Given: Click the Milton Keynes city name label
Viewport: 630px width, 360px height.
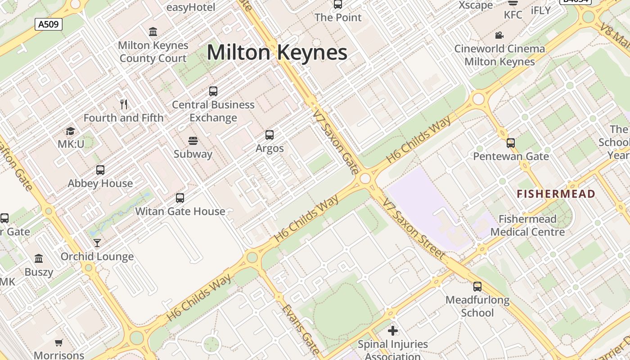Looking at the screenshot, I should [x=277, y=53].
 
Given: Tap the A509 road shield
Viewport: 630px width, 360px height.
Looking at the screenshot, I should [x=48, y=24].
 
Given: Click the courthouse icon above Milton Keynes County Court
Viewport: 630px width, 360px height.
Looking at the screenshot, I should [x=153, y=32].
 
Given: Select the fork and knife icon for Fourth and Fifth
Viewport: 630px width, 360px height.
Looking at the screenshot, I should [x=124, y=104].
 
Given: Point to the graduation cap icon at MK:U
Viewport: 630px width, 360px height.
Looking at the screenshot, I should [x=71, y=131].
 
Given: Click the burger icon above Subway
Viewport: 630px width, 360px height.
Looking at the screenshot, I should [x=193, y=141].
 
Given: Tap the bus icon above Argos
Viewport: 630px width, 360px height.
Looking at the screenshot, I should [x=270, y=135].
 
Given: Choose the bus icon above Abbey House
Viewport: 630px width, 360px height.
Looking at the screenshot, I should [x=100, y=170].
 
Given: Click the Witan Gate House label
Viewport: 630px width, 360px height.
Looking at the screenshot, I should [x=180, y=211].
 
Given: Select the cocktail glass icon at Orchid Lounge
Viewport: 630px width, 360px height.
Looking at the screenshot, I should [x=97, y=243].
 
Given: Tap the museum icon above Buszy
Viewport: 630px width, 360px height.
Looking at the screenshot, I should [x=39, y=259].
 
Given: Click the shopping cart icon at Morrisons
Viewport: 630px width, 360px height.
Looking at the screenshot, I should [x=59, y=343].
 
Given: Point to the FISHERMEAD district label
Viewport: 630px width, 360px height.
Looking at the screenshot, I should [x=556, y=194].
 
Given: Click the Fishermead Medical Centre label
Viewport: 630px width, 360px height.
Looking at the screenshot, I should [x=527, y=225].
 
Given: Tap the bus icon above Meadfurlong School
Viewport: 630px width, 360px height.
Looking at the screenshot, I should [x=477, y=287].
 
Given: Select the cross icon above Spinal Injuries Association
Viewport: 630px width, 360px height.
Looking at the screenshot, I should [x=393, y=331].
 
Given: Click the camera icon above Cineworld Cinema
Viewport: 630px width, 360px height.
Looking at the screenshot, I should [x=499, y=35].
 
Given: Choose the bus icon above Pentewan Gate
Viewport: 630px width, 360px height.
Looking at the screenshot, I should [x=511, y=143].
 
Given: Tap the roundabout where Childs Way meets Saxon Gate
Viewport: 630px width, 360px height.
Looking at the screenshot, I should [x=365, y=179].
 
